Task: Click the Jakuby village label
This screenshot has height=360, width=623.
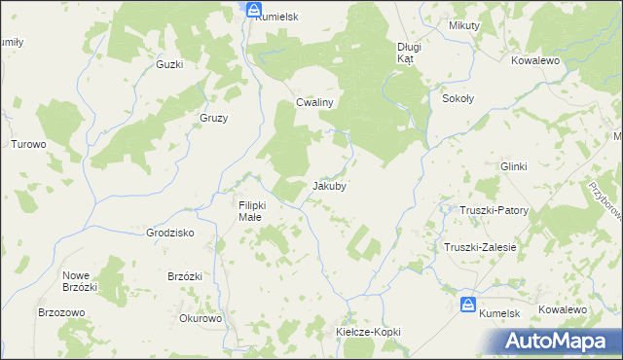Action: point(329,185)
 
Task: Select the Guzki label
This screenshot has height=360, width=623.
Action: point(169,64)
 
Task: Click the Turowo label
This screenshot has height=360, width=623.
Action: point(28,144)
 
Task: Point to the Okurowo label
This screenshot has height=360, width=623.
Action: point(202,318)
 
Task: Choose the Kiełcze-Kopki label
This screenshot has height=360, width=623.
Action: point(368,332)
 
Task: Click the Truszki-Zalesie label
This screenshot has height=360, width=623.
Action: point(480,247)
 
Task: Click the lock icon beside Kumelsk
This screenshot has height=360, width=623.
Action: point(468,305)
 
